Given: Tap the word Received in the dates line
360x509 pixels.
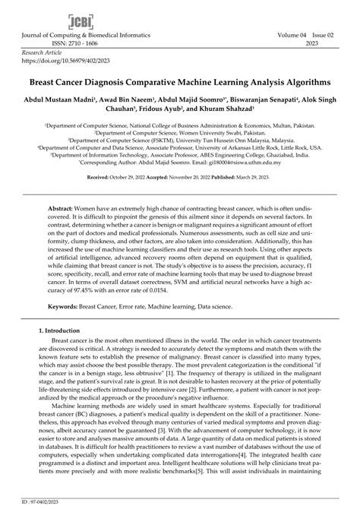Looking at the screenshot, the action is pos(102,175).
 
